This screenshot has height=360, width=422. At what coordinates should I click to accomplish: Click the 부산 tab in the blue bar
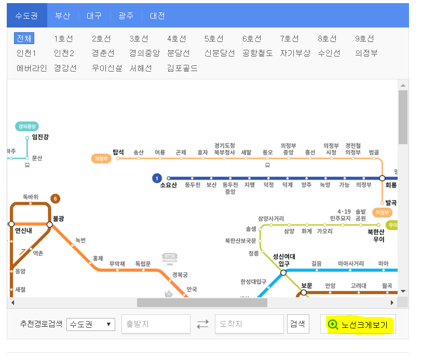tap(62, 16)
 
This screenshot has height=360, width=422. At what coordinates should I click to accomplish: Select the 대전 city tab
tap(157, 16)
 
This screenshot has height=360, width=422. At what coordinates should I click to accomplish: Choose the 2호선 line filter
tap(101, 38)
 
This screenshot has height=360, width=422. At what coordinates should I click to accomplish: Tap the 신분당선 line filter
tap(219, 53)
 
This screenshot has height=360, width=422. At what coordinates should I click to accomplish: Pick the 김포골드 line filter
tap(182, 67)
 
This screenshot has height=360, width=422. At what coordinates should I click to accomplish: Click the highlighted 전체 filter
tap(24, 38)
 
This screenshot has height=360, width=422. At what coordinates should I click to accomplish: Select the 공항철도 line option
tap(257, 53)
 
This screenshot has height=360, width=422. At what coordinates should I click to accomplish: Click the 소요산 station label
tap(169, 185)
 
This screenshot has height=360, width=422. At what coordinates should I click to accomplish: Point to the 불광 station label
tap(61, 218)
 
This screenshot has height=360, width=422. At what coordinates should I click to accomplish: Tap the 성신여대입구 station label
tap(284, 260)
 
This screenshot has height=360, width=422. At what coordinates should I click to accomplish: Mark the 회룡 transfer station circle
tap(382, 178)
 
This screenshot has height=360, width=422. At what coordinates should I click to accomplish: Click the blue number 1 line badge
tap(157, 178)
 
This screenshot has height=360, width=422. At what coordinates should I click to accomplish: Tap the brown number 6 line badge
tap(56, 198)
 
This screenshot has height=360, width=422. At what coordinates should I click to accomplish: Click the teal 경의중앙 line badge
tap(27, 126)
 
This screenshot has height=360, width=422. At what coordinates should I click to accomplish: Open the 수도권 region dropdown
tap(90, 324)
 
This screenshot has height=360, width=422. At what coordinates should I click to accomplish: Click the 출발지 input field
tap(156, 324)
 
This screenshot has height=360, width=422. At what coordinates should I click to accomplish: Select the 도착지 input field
tap(249, 324)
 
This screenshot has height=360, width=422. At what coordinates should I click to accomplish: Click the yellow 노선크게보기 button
tap(358, 325)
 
